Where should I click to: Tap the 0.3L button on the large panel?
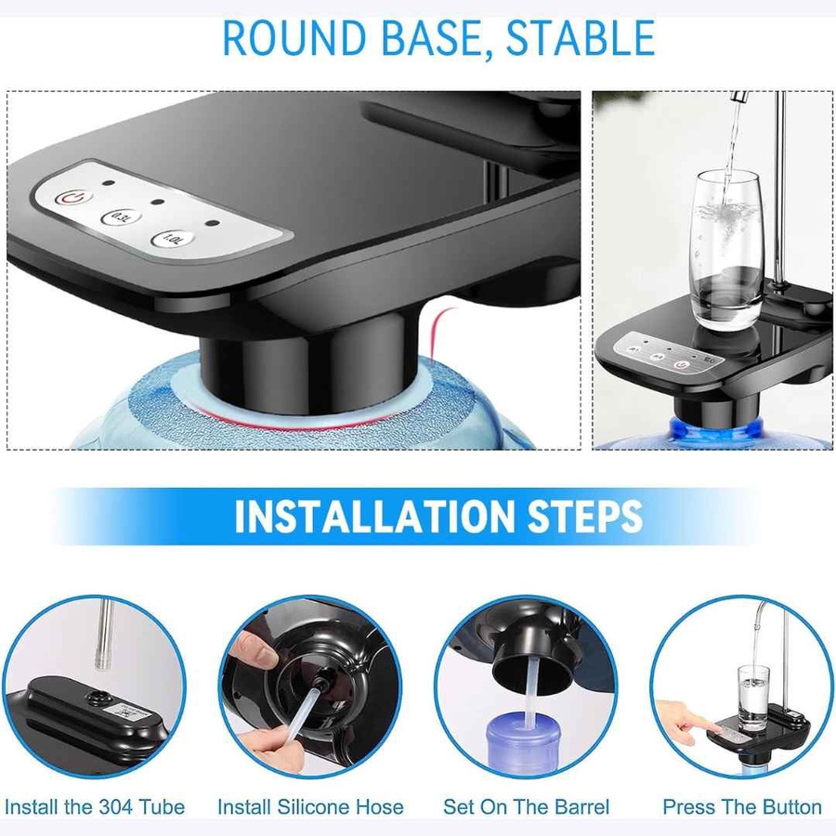point(121,217)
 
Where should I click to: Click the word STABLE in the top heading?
point(580,38)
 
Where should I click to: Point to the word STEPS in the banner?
point(585,516)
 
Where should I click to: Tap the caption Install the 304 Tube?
point(95,806)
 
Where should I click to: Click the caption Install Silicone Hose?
point(310,806)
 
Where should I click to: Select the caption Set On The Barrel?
point(527,806)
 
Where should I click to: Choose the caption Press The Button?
point(742,806)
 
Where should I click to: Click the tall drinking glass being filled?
point(727,250)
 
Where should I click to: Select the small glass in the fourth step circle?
point(753,698)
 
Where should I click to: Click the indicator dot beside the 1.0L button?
point(213,223)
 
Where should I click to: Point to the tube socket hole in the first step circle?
point(98,697)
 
